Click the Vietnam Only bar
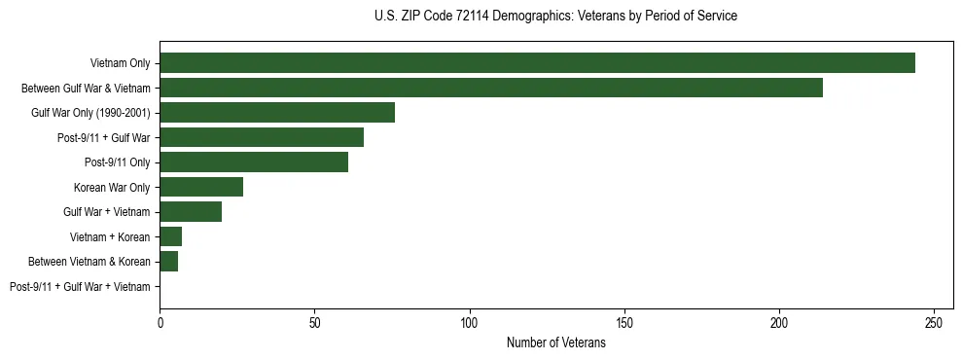click(x=537, y=63)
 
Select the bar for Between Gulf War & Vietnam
click(x=491, y=88)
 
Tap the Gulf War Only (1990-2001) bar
click(x=277, y=113)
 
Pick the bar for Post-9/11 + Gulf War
click(x=262, y=137)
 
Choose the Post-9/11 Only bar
click(x=254, y=162)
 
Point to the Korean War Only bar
click(x=201, y=187)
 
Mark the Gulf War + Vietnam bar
click(x=191, y=212)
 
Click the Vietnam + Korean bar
click(x=171, y=236)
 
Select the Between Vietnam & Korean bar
click(x=169, y=262)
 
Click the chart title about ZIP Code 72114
click(x=555, y=17)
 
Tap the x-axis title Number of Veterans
click(x=555, y=342)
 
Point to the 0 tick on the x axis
click(x=160, y=321)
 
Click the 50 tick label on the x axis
click(x=315, y=321)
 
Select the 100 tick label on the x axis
click(x=470, y=321)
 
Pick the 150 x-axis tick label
click(x=624, y=321)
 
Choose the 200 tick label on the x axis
click(x=779, y=321)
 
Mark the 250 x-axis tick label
click(x=934, y=321)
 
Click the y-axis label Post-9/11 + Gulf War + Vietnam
click(x=80, y=287)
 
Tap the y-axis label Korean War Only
click(x=112, y=188)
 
